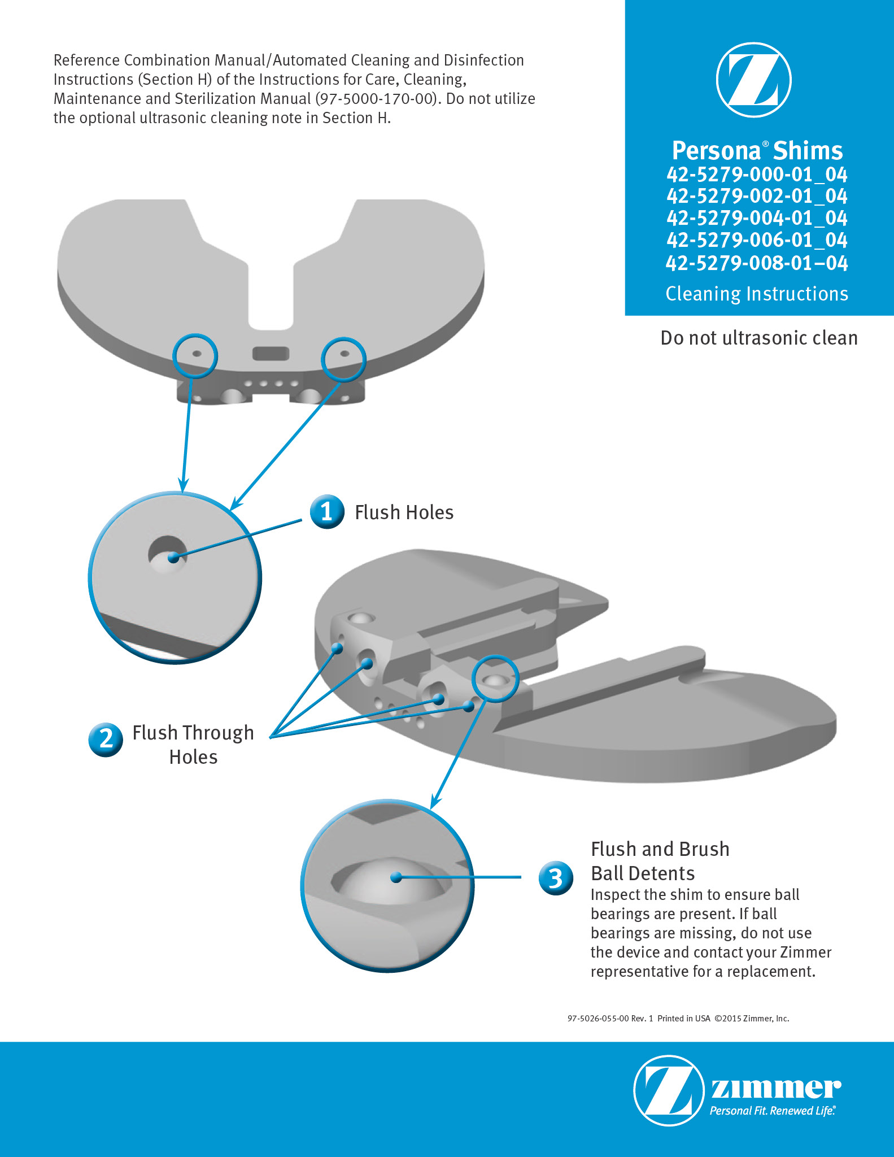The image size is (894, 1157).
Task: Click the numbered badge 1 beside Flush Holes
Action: [x=327, y=511]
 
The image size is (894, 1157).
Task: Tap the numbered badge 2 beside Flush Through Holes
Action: [x=106, y=740]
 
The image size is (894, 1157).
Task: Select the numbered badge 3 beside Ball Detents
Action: [x=556, y=878]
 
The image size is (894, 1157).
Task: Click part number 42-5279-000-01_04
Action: [x=757, y=174]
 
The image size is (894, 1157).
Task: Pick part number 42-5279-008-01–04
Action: [x=757, y=263]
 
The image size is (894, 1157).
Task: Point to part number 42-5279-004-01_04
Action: [x=757, y=218]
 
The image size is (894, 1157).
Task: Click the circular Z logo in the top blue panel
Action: [x=753, y=80]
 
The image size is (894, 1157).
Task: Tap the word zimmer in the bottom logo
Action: [x=775, y=1088]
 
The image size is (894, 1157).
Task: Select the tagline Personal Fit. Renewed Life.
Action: [x=773, y=1111]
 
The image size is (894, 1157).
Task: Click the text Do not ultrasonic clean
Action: [x=759, y=338]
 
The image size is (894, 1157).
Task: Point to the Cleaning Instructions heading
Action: [x=757, y=294]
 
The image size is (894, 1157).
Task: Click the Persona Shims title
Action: [x=757, y=151]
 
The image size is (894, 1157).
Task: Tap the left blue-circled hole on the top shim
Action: [x=197, y=354]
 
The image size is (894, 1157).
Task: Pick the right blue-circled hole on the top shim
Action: [x=344, y=354]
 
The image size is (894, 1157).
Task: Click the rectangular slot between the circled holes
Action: [x=271, y=354]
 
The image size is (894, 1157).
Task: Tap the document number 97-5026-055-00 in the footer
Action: [x=598, y=1019]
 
